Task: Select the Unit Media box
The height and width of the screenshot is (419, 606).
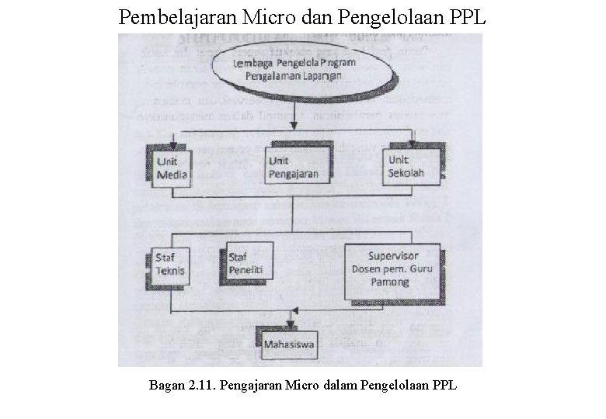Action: click(169, 166)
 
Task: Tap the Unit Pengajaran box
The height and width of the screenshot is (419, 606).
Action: click(293, 167)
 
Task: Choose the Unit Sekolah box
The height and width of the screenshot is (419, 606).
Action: click(408, 165)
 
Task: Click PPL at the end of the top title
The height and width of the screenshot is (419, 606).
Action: click(468, 16)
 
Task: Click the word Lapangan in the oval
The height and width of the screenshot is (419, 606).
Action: click(319, 78)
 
